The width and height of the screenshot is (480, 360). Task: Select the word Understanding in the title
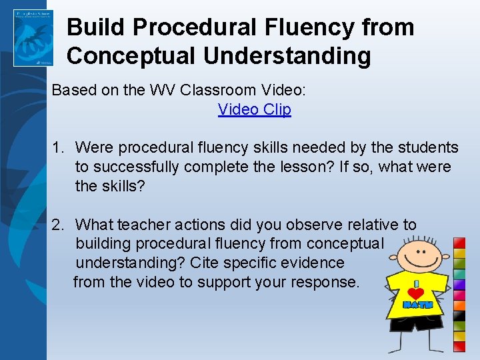287,56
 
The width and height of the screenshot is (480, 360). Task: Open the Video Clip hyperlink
254,109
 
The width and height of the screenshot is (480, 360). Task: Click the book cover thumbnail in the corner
33,38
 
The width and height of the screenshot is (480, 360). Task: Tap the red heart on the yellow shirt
417,293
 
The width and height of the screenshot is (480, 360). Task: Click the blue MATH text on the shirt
418,305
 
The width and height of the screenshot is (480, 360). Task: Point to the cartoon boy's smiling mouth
421,259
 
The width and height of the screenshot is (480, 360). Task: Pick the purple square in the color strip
459,285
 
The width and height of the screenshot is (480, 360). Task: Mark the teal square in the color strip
459,274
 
